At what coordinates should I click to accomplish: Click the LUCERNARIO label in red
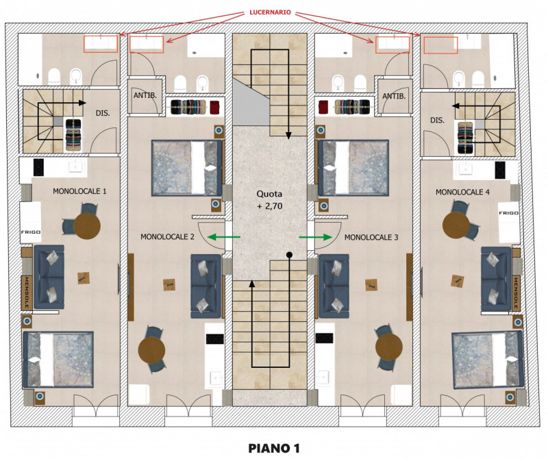pyautogui.click(x=270, y=12)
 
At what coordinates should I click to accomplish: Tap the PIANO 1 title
pyautogui.click(x=274, y=448)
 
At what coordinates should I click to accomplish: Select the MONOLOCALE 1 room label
pyautogui.click(x=79, y=191)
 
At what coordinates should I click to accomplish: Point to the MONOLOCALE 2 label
pyautogui.click(x=167, y=236)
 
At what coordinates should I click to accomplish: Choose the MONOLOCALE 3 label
pyautogui.click(x=371, y=237)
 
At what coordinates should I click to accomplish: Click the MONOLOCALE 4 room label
pyautogui.click(x=462, y=192)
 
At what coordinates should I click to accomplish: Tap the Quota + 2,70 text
pyautogui.click(x=269, y=199)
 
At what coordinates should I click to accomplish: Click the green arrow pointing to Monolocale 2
pyautogui.click(x=224, y=237)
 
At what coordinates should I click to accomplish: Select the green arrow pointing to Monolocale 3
pyautogui.click(x=316, y=237)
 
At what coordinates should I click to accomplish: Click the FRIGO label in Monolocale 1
pyautogui.click(x=31, y=232)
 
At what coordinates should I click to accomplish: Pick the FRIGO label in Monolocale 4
pyautogui.click(x=508, y=213)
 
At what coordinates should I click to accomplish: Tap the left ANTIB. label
pyautogui.click(x=145, y=95)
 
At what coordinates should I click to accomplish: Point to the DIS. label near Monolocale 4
pyautogui.click(x=437, y=120)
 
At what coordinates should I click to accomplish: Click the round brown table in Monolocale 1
pyautogui.click(x=87, y=226)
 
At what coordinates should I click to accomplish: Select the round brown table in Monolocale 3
pyautogui.click(x=389, y=347)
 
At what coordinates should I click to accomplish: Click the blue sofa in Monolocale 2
pyautogui.click(x=206, y=286)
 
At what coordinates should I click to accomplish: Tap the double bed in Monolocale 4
pyautogui.click(x=487, y=360)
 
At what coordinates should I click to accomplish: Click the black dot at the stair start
pyautogui.click(x=289, y=255)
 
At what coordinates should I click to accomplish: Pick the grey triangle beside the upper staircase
pyautogui.click(x=251, y=101)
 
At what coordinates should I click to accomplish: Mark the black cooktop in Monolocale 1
pyautogui.click(x=38, y=167)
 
